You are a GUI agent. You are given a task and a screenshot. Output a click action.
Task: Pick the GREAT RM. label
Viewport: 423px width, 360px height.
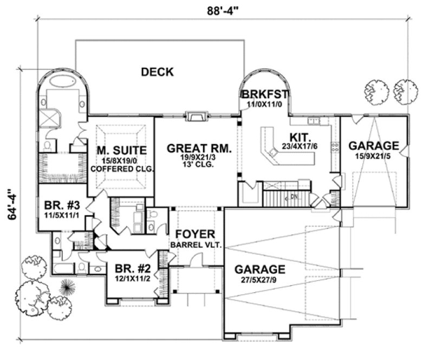click(x=199, y=147)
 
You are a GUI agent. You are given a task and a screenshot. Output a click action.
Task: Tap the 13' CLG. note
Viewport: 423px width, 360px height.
click(x=199, y=165)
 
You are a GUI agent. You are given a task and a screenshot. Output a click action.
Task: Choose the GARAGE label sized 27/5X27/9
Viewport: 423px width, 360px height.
click(x=259, y=269)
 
